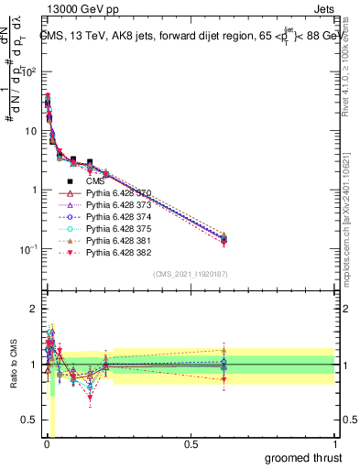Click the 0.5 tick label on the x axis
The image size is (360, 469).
point(191,444)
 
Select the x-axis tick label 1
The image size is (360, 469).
point(334,444)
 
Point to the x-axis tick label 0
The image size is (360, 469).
point(46,444)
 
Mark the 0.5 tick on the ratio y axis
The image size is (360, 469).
point(29,420)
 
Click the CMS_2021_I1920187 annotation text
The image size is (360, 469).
point(190,274)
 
